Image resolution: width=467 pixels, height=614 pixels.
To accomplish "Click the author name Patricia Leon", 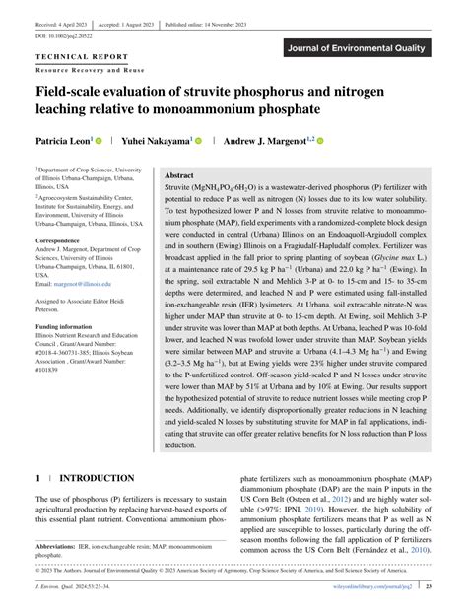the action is pos(63,141).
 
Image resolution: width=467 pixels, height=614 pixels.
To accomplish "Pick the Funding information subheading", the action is pos(73,325).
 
